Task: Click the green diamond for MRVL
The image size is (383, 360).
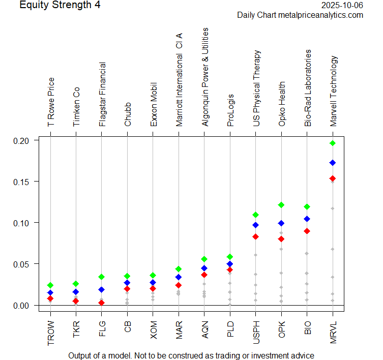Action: (333, 143)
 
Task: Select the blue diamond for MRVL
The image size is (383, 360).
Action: (333, 163)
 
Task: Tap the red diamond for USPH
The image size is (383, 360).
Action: (256, 237)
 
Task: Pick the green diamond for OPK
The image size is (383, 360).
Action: (281, 205)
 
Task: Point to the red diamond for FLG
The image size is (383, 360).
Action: (102, 303)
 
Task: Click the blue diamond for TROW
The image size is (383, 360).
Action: (50, 293)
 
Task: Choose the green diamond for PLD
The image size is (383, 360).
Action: (230, 257)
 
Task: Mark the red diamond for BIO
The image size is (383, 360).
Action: (307, 231)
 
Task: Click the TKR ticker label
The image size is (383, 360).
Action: (76, 330)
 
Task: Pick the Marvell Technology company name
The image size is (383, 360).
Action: (334, 91)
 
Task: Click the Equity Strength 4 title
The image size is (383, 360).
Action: (60, 6)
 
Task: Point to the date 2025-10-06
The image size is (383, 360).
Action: (343, 6)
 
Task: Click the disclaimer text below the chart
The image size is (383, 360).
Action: (191, 355)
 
